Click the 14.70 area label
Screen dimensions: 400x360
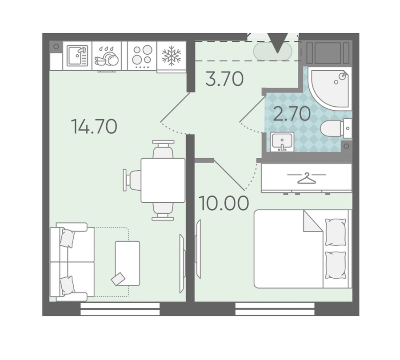94,127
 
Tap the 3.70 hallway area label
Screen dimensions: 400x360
224,79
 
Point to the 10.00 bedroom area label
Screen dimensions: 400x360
224,204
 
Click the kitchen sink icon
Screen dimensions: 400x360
77,56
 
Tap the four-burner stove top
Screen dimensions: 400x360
142,56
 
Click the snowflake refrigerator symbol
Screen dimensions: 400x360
172,56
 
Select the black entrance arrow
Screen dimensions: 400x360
277,43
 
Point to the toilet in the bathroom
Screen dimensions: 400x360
336,128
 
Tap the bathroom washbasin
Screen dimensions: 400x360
282,142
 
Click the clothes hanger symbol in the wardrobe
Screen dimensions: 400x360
307,178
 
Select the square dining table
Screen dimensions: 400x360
163,180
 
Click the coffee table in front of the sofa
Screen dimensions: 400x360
128,263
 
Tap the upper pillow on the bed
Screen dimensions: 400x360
336,232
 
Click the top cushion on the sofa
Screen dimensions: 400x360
68,238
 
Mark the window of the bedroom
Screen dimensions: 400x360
275,309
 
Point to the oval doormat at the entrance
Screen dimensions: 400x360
272,51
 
